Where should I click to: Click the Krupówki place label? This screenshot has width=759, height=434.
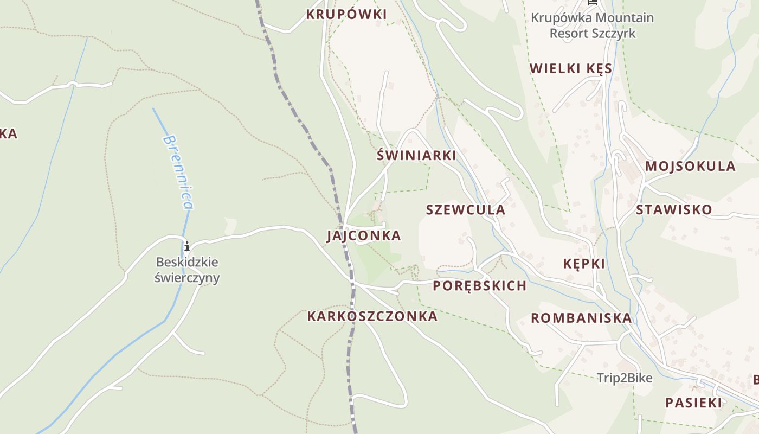point(346,14)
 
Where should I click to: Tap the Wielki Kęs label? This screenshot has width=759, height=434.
point(571,68)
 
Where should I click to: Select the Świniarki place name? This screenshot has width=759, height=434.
point(416,155)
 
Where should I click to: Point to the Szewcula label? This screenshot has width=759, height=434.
point(465,209)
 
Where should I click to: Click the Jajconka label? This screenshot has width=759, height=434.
point(364,235)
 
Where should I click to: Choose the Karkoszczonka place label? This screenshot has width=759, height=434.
point(372,316)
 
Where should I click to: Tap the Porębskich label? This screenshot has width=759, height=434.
point(480,286)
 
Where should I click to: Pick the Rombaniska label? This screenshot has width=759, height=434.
point(581,318)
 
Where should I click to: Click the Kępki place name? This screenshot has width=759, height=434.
point(583,264)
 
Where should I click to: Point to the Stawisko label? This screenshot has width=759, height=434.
point(674,209)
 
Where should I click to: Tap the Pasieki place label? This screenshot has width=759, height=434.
point(693,403)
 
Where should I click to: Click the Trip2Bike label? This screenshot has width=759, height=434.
point(625,378)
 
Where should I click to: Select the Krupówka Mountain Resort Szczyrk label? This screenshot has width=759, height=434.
point(592,25)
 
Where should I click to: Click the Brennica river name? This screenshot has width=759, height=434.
point(178,172)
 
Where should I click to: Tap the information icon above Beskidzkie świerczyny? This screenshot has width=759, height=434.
point(187,247)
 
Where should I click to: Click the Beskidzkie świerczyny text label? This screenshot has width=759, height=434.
point(187,270)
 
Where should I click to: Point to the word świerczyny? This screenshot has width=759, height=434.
point(187,278)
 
